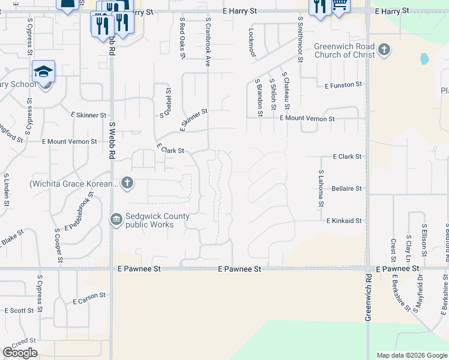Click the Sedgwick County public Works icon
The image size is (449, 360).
tap(116, 220)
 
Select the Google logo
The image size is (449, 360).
tap(20, 353)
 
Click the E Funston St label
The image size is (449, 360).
tap(343, 86)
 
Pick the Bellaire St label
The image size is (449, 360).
tap(346, 188)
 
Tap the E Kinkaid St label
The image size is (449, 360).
tap(344, 221)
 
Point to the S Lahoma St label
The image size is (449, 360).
tap(321, 188)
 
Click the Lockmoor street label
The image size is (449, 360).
tap(252, 42)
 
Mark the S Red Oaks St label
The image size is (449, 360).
tap(182, 38)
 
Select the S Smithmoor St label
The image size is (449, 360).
tap(299, 39)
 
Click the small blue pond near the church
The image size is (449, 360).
tap(425, 59)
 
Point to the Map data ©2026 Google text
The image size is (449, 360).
tap(411, 355)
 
